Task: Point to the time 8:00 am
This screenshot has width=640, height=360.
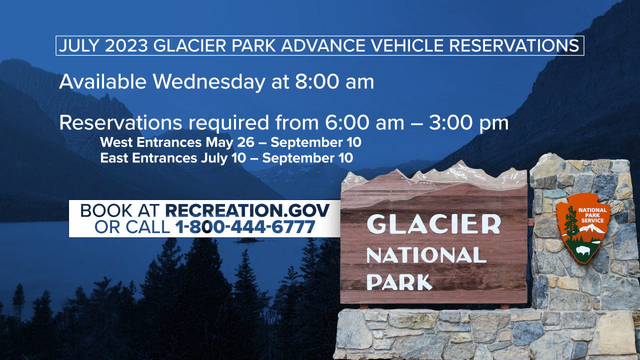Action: (334, 81)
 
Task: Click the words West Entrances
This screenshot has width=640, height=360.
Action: (150, 142)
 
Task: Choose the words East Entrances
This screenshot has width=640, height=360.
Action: (148, 158)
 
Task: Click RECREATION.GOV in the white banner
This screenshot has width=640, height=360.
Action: (247, 210)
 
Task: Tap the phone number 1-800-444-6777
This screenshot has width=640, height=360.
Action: (245, 227)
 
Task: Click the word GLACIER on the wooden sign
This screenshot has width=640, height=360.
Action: (433, 224)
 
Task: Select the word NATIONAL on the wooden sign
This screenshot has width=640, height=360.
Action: (426, 255)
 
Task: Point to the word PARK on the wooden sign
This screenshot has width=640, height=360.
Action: (399, 281)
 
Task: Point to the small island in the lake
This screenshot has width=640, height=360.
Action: (248, 240)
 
